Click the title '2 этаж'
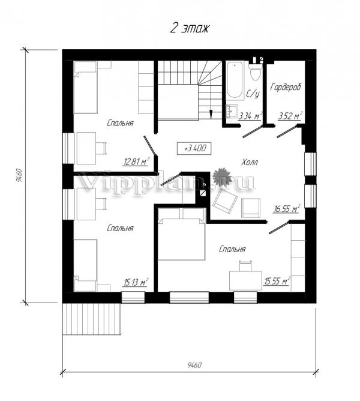click(190, 28)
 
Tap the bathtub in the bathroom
click(235, 80)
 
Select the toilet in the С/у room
click(255, 71)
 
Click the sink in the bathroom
click(232, 111)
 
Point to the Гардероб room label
click(286, 87)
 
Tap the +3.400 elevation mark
click(194, 148)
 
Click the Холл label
click(250, 162)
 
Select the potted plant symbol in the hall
click(222, 176)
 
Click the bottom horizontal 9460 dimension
click(190, 372)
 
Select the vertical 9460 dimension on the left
click(25, 175)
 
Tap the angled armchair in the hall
click(225, 202)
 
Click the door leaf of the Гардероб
click(287, 131)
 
